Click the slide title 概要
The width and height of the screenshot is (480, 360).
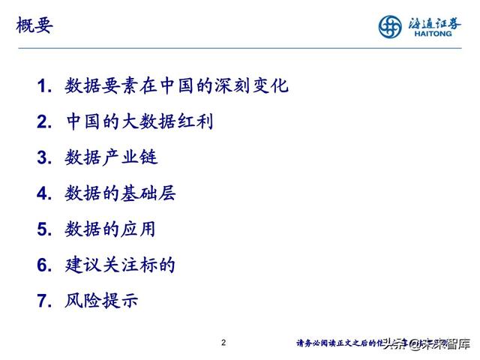[34, 27]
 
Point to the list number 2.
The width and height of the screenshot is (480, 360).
[44, 122]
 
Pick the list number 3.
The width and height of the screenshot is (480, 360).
[44, 158]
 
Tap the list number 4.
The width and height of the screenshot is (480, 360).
[44, 194]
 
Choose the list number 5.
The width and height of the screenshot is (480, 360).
[44, 229]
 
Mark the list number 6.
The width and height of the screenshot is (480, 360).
[44, 265]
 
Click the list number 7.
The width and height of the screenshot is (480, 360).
[44, 301]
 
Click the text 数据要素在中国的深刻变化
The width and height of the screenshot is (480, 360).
[177, 85]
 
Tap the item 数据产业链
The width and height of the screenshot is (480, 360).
[112, 157]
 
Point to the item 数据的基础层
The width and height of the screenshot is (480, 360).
[121, 193]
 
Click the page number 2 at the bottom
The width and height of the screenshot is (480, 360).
[223, 343]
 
